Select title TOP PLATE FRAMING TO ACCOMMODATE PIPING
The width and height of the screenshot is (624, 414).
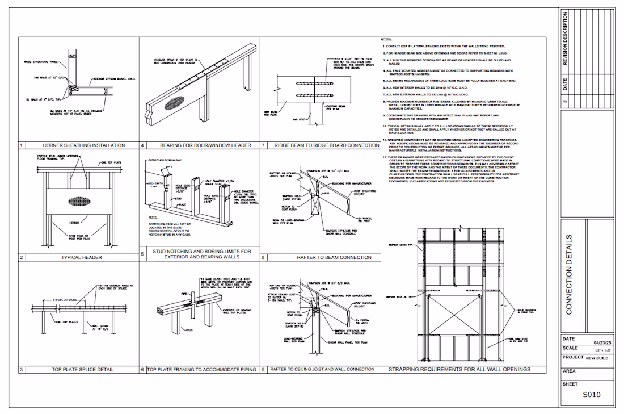pos(203,369)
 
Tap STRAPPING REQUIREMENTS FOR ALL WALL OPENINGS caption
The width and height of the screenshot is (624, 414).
pos(459,369)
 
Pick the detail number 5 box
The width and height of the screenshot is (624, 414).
pos(142,254)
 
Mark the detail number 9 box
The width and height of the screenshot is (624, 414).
pos(263,369)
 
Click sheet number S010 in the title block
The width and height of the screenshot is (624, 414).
pos(592,395)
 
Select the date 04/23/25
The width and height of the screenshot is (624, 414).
pos(600,343)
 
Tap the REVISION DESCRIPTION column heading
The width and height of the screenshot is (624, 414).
pos(564,38)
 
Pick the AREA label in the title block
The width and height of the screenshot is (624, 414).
pos(569,371)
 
